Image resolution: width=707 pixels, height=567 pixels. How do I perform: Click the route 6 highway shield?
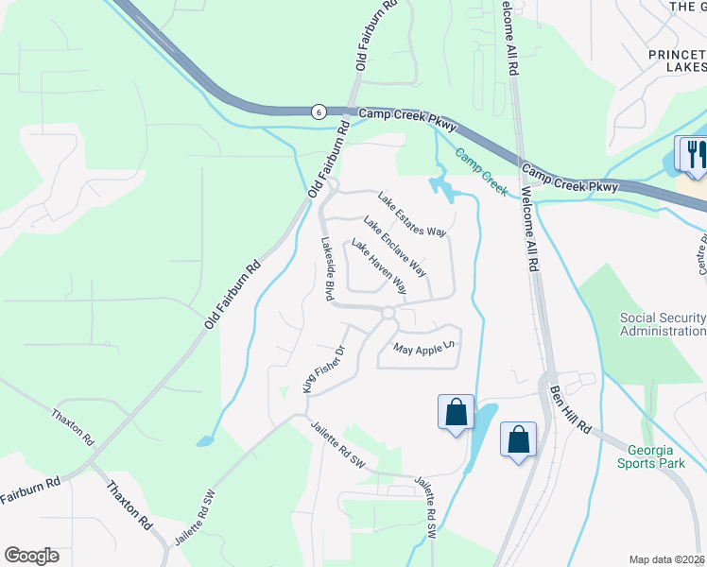319,112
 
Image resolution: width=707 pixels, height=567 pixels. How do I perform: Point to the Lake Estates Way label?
411,215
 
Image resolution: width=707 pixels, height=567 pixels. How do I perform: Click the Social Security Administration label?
663,324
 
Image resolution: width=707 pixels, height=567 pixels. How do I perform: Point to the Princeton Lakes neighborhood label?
677,60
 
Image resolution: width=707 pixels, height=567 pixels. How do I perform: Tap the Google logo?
31,556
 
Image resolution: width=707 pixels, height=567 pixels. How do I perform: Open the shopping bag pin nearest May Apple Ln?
456,412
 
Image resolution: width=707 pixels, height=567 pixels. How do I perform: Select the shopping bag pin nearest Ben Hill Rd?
518,439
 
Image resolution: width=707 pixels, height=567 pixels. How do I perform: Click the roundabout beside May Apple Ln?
388,313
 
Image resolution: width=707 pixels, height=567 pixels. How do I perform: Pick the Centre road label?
701,253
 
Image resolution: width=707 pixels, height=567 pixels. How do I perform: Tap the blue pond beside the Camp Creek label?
442,187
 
